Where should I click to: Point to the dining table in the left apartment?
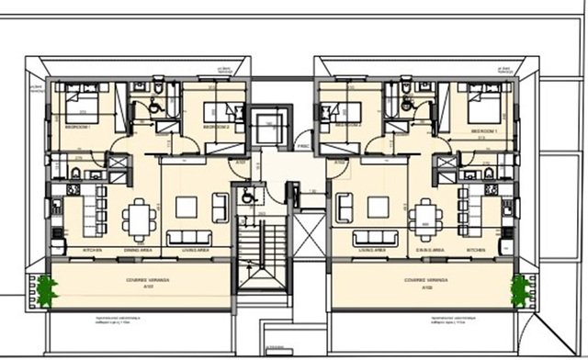pyautogui.click(x=138, y=214)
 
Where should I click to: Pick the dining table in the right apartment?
pyautogui.click(x=424, y=215)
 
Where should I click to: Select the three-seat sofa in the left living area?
pyautogui.click(x=221, y=208)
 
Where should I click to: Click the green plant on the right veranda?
pyautogui.click(x=521, y=290)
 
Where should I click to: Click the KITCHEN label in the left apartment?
pyautogui.click(x=92, y=249)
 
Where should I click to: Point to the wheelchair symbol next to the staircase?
pyautogui.click(x=246, y=196)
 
